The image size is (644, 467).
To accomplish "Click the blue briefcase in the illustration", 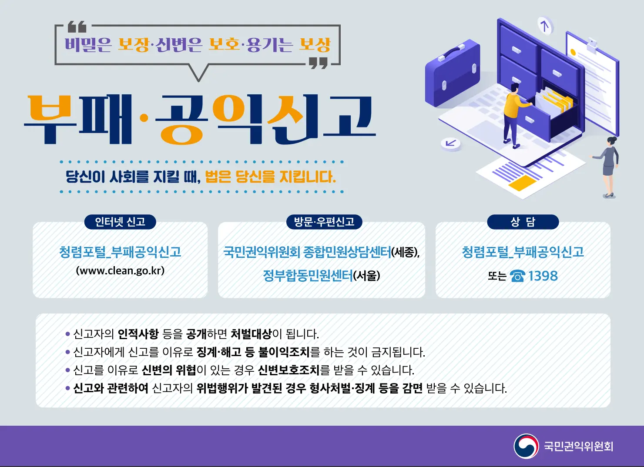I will click(453, 74).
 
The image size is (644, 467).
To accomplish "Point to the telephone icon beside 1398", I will click(517, 276).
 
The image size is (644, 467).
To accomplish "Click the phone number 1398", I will click(543, 276).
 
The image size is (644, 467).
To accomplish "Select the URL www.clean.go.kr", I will click(120, 270).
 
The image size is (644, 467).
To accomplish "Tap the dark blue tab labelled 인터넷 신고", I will click(120, 222).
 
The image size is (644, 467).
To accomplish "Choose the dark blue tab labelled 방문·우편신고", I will click(324, 222).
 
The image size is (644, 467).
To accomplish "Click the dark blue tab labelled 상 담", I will click(523, 222).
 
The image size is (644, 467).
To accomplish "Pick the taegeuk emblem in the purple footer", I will click(526, 446).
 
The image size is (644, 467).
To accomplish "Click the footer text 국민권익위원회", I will click(578, 447).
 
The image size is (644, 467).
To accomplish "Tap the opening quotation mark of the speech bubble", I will click(77, 27).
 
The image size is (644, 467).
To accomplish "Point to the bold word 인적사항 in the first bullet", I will click(138, 334).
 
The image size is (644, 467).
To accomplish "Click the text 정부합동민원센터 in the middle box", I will click(308, 276).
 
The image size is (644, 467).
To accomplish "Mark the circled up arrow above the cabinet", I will click(544, 26).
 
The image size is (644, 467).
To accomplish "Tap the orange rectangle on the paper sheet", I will click(522, 183).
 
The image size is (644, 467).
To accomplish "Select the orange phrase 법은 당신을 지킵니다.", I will click(270, 177).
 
